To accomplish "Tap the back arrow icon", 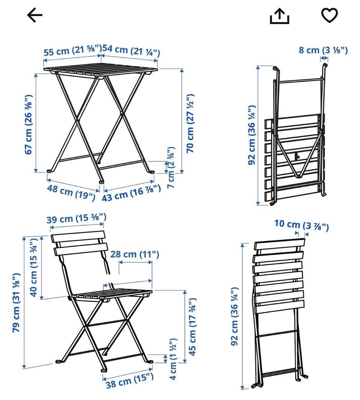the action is tap(34, 15).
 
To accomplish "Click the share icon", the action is tap(279, 16).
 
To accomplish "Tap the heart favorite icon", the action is tap(329, 15).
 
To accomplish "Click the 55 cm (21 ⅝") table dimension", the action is tap(73, 50).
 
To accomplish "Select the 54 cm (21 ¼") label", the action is tap(131, 50).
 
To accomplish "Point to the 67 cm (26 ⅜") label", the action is tap(28, 124).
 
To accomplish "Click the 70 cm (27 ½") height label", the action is tap(190, 123).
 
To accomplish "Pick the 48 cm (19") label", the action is tap(71, 192).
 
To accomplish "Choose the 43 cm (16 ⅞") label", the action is tap(131, 193).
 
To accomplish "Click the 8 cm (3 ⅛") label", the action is tap(323, 50).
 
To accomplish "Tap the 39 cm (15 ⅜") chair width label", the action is tap(76, 218).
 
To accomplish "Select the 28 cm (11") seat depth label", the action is tap(135, 254).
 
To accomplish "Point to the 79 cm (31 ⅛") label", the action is tap(16, 303).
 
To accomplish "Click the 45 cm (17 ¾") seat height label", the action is tap(192, 326).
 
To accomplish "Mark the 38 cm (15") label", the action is tap(130, 380).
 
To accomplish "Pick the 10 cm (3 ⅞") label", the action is tap(301, 225).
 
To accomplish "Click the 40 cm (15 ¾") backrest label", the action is tap(34, 267).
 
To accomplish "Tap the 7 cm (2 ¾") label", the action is tap(171, 168).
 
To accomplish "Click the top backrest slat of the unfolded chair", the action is tap(78, 236).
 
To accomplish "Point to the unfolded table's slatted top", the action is tap(100, 70).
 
